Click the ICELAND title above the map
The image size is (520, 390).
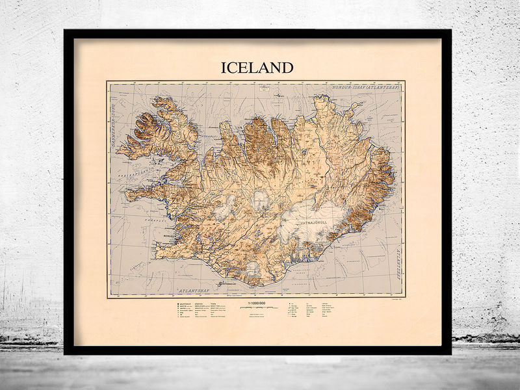pyautogui.click(x=257, y=68)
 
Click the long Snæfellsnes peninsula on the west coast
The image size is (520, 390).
pyautogui.click(x=146, y=194)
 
